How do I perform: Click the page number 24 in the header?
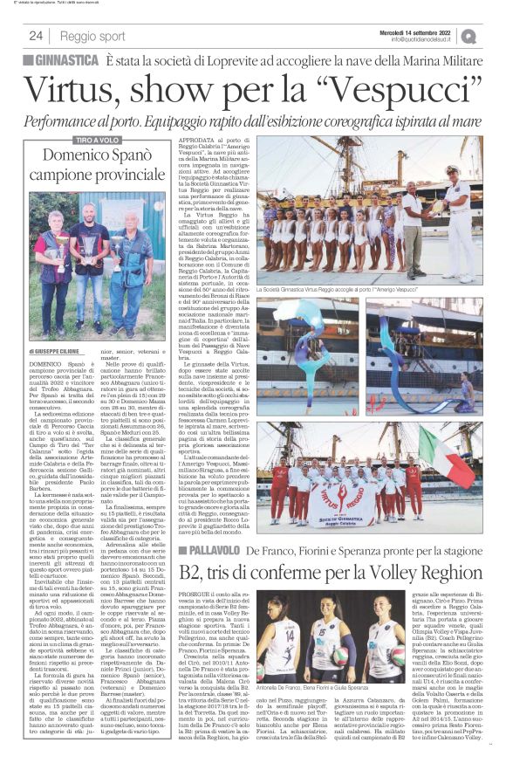[36, 36]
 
